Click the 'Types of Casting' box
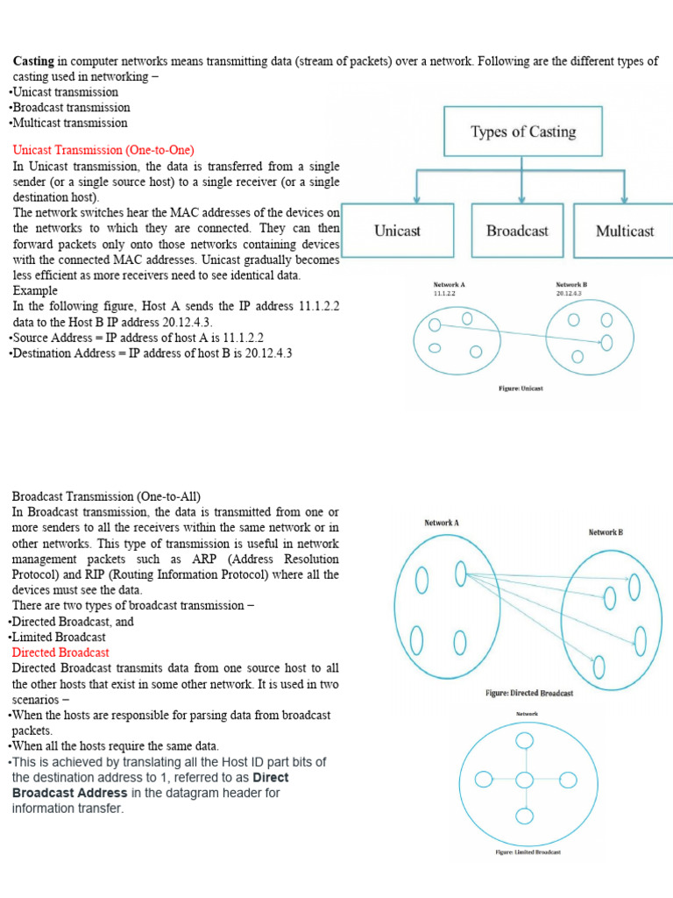[522, 132]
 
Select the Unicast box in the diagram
[397, 232]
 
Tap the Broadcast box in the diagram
[517, 232]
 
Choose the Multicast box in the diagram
[624, 232]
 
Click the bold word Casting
[33, 61]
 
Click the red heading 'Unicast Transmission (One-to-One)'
[103, 150]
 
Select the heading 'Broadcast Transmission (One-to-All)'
[105, 496]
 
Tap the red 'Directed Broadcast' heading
[60, 652]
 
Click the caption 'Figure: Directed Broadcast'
[529, 694]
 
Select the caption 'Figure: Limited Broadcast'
[528, 852]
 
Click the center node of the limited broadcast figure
[524, 780]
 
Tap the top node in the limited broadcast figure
[524, 741]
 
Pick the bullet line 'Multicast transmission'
[68, 124]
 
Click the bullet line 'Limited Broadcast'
[58, 637]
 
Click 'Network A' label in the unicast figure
[450, 285]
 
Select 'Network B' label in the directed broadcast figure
[606, 532]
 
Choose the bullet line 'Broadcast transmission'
[69, 108]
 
